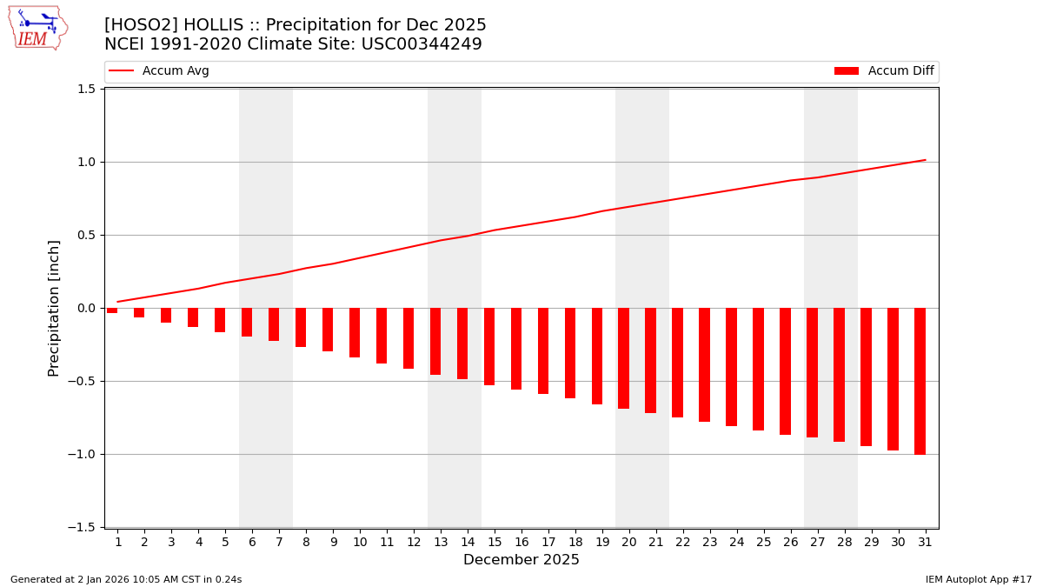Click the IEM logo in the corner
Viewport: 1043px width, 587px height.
click(x=37, y=28)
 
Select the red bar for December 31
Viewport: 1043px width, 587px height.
click(x=920, y=381)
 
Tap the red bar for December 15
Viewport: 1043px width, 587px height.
click(x=489, y=346)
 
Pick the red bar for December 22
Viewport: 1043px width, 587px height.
click(x=677, y=363)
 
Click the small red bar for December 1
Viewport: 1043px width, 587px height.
click(x=112, y=310)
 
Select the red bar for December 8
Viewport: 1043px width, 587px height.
click(x=301, y=327)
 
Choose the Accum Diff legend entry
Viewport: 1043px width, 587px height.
click(x=884, y=71)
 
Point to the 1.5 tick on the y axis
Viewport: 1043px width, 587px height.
click(x=85, y=89)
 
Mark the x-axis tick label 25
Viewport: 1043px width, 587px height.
click(x=764, y=543)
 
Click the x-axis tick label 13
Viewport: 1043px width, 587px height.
click(x=441, y=543)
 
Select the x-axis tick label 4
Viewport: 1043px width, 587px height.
click(x=198, y=543)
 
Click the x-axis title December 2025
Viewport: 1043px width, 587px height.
click(x=521, y=560)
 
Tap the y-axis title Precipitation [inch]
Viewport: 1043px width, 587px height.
click(x=54, y=308)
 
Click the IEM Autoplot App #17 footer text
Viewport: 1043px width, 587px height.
click(x=979, y=579)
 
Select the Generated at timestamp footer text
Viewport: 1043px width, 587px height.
click(x=126, y=579)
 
